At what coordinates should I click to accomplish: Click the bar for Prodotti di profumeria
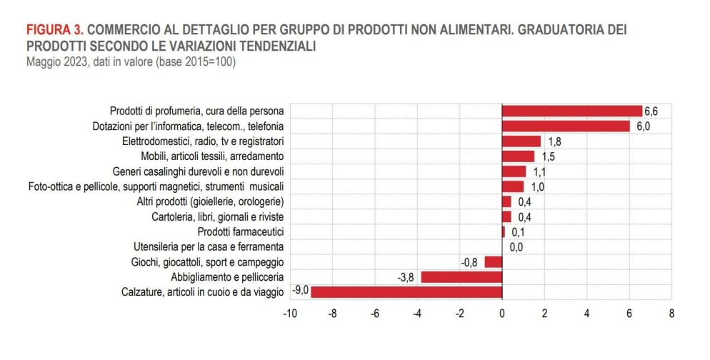pos(572,111)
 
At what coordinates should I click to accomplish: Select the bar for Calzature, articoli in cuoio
pos(406,291)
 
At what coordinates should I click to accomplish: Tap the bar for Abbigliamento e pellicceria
pos(461,276)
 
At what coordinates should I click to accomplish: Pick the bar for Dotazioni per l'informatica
pos(566,126)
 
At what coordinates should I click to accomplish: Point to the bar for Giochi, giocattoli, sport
pos(494,261)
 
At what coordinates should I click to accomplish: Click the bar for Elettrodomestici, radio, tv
pos(521,141)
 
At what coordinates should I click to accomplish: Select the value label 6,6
pos(651,111)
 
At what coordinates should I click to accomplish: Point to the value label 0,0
pos(516,247)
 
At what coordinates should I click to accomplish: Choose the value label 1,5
pos(548,156)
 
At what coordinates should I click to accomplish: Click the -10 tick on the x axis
pos(290,313)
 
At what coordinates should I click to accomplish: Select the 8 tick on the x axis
pos(671,313)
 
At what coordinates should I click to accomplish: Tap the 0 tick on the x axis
pos(502,313)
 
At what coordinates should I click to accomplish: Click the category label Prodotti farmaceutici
pos(241,231)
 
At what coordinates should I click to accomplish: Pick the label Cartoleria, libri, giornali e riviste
pos(219,216)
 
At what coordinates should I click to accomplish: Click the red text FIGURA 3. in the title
pos(56,31)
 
